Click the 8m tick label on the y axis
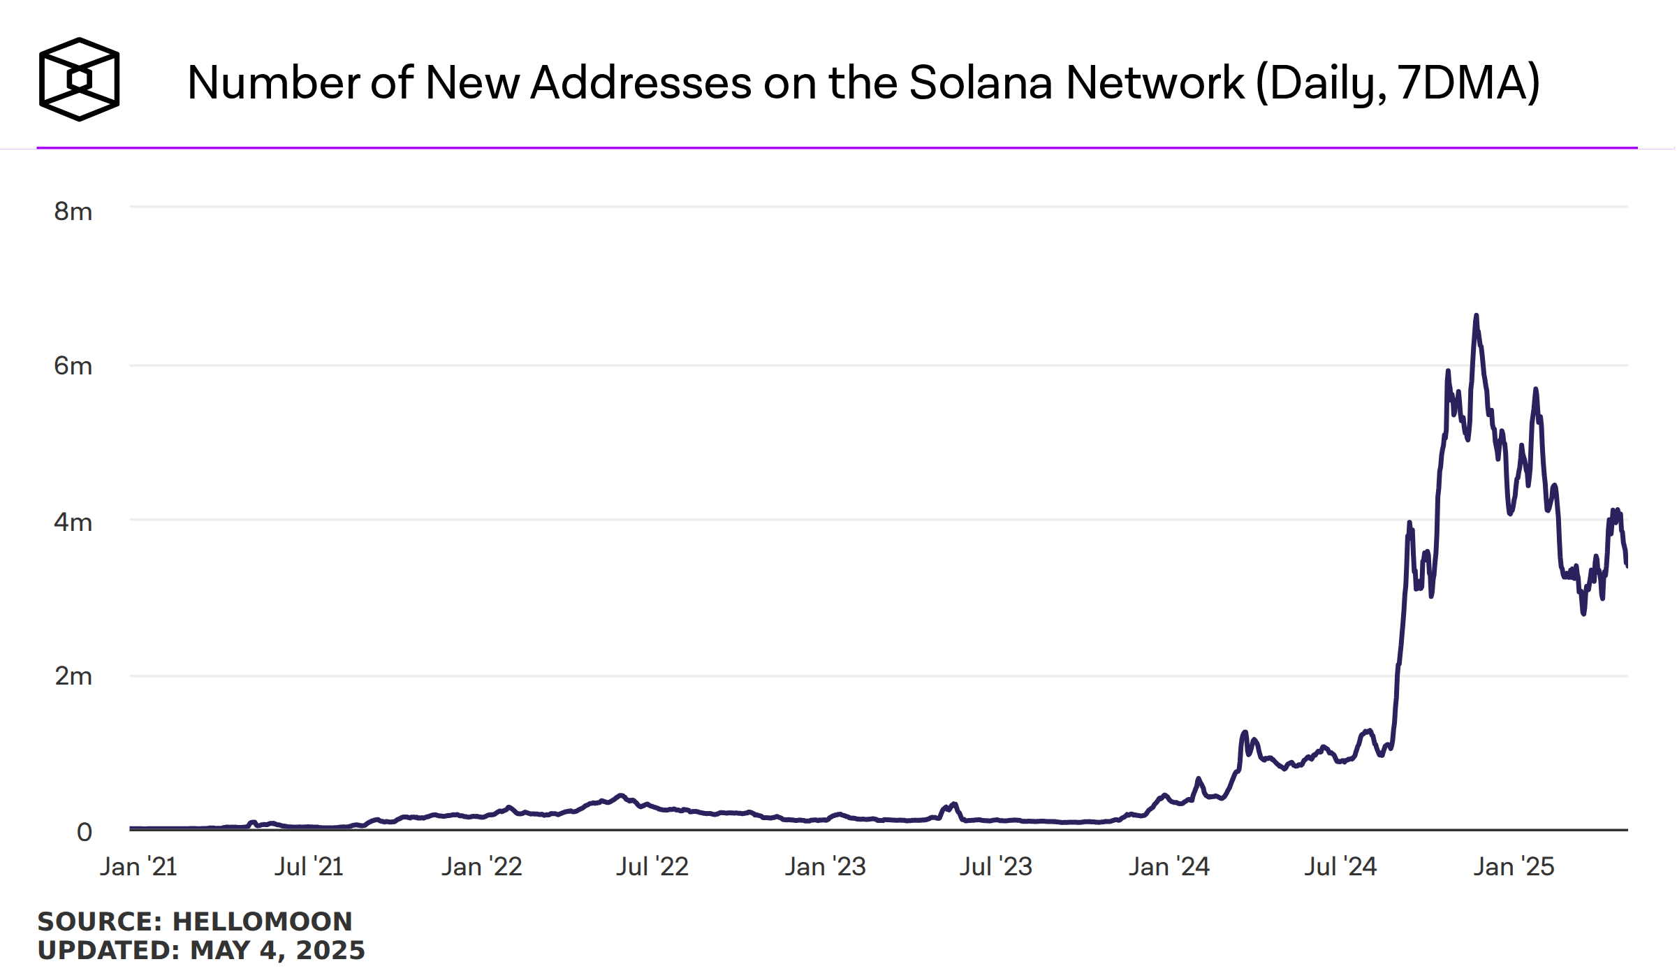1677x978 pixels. point(73,211)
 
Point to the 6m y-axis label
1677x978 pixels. point(73,366)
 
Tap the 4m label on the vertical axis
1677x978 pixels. point(73,522)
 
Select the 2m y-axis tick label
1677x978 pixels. point(73,676)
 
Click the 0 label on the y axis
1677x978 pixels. point(84,832)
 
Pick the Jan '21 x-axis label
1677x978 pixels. point(138,867)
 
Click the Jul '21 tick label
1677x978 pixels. point(309,867)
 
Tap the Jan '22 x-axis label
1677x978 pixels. point(481,867)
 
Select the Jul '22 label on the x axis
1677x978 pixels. point(652,867)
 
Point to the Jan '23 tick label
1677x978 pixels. point(825,867)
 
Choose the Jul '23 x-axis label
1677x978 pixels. point(995,867)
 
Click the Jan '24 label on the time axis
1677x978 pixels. point(1169,867)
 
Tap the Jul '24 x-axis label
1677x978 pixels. point(1340,867)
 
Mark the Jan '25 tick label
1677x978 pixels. point(1514,867)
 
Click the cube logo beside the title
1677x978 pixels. point(79,80)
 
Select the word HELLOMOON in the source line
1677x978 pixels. point(262,921)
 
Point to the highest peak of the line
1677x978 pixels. point(1476,316)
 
